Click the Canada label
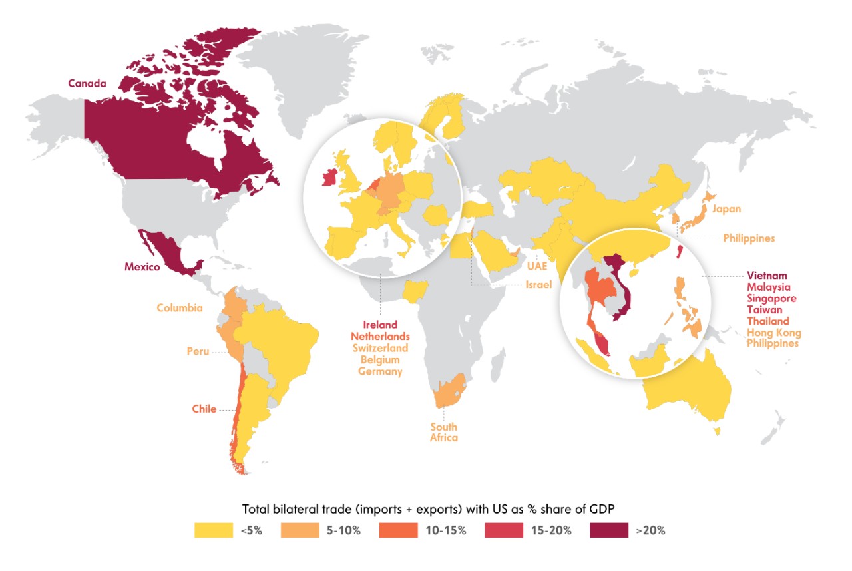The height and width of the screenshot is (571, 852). click(87, 84)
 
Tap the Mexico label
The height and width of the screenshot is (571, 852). click(142, 267)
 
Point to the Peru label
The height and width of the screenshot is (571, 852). click(198, 351)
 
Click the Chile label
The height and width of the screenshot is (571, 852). click(204, 409)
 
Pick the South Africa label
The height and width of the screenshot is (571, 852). click(443, 432)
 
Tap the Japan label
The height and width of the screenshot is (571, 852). click(726, 209)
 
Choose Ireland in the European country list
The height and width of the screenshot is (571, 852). click(380, 325)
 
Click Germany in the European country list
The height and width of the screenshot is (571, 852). click(380, 371)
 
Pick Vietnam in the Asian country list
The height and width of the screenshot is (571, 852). click(767, 275)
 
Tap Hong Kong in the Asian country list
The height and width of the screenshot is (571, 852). click(773, 333)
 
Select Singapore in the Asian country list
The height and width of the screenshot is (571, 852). click(771, 298)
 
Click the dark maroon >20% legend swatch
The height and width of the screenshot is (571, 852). click(609, 530)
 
